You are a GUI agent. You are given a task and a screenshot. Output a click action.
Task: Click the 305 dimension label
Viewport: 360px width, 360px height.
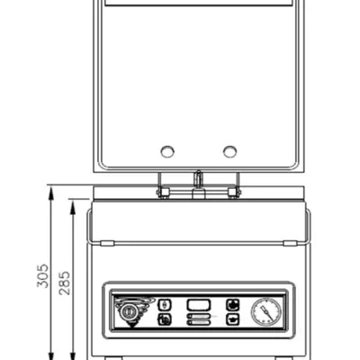click(42, 276)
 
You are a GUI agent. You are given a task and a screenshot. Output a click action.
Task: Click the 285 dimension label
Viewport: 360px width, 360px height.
click(64, 283)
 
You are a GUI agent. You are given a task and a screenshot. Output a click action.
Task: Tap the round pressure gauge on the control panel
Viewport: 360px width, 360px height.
click(266, 311)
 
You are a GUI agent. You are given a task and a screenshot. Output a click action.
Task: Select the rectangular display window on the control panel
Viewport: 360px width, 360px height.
click(199, 305)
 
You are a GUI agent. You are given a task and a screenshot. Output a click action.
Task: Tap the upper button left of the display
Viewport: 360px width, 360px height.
click(165, 305)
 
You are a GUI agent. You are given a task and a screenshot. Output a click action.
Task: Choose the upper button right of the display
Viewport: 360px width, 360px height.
click(233, 305)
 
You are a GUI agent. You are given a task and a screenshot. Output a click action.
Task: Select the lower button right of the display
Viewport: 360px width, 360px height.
click(233, 319)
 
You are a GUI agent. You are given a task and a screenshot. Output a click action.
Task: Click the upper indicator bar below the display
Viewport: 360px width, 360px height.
click(199, 316)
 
